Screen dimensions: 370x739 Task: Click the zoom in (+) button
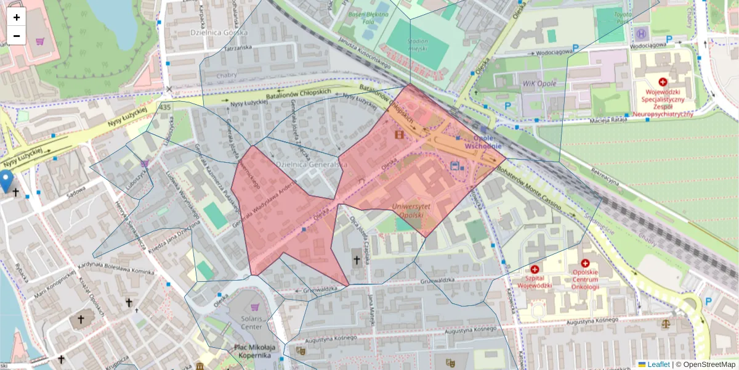click(17, 17)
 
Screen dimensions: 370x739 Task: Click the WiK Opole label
click(539, 83)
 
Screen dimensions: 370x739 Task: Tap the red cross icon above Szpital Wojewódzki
click(535, 269)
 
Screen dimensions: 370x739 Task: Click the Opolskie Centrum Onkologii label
click(585, 279)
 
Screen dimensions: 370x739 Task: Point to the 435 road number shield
click(165, 108)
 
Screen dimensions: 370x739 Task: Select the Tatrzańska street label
click(238, 47)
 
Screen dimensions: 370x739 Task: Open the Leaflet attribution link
click(658, 364)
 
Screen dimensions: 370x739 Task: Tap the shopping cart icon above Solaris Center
click(256, 306)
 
